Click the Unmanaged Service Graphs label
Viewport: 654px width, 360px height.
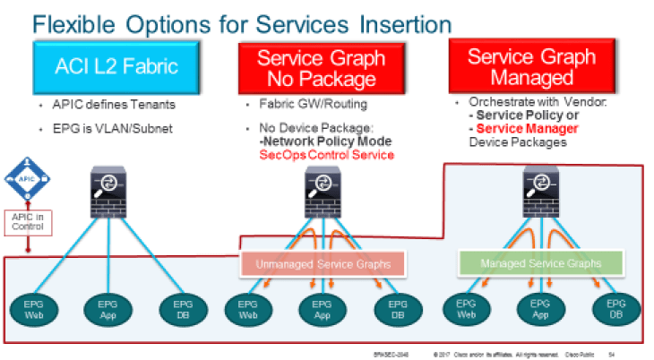pos(323,263)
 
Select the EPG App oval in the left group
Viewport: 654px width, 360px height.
pos(106,310)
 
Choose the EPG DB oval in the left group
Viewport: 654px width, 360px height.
pos(177,310)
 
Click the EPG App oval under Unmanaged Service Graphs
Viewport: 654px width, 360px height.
pos(322,310)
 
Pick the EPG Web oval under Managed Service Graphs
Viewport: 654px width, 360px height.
pos(466,310)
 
